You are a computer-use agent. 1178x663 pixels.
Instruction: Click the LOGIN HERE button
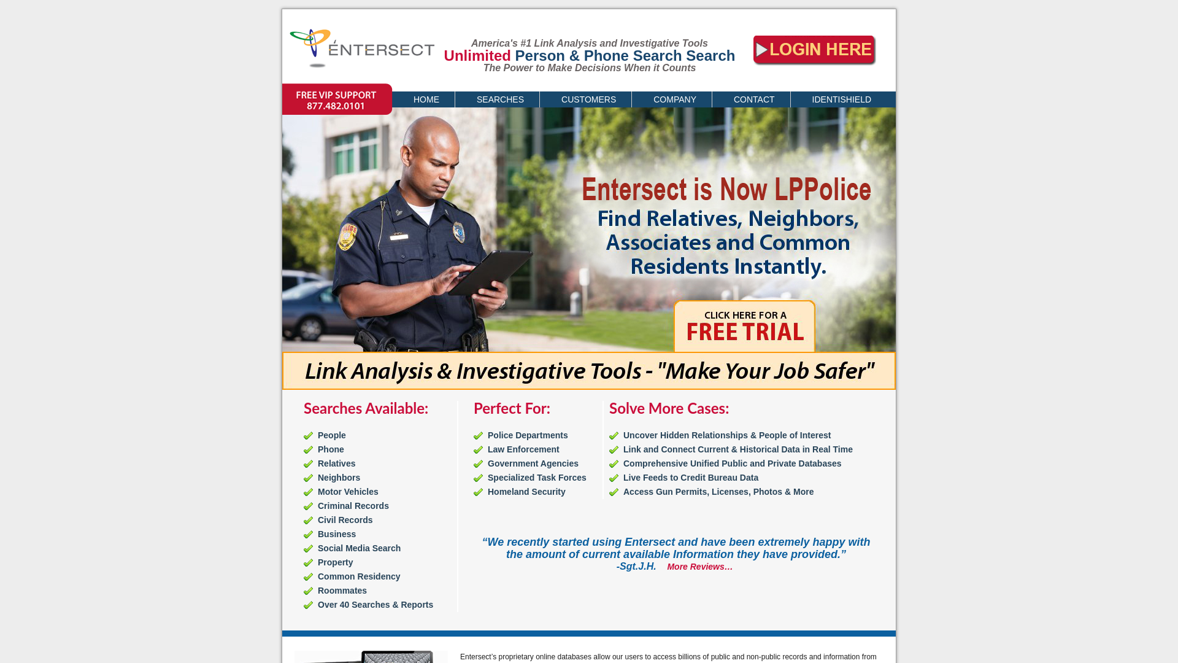tap(814, 50)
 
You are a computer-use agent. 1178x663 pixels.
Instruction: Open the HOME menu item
tap(426, 99)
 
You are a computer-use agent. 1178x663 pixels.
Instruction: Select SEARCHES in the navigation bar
tap(500, 99)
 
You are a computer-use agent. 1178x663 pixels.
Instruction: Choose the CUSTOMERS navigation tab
tap(588, 99)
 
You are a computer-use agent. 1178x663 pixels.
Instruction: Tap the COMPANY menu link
tap(674, 99)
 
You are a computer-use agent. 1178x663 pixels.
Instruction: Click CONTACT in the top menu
tap(753, 99)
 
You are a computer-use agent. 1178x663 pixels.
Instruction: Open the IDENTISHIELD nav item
tap(841, 99)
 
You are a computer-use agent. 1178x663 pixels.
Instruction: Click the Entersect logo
tap(361, 48)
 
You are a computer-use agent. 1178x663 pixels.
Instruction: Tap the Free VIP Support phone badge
tap(336, 100)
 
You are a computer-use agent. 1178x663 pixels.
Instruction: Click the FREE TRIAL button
tap(744, 327)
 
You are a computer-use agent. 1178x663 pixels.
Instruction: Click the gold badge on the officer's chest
tap(459, 232)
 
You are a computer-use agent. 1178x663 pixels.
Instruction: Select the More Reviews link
tap(699, 567)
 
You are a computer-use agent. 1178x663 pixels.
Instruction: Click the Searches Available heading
tap(366, 409)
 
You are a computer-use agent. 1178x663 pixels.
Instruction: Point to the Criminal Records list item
tap(353, 506)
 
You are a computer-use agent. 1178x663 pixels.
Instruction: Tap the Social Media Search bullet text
tap(359, 548)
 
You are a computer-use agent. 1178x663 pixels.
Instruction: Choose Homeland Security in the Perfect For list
tap(526, 492)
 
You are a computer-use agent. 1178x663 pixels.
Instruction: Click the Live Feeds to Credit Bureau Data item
tap(690, 478)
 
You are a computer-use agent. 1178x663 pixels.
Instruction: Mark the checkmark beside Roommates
tap(308, 591)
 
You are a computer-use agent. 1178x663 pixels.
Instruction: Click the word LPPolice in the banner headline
tap(822, 190)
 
